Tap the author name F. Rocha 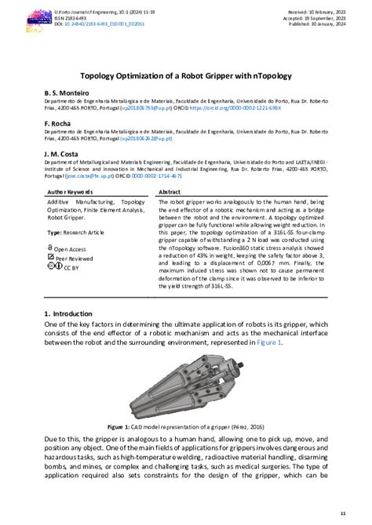(60, 124)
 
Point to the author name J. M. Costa (64, 154)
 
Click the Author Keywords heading (71, 191)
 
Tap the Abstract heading (170, 191)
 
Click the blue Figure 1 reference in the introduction (268, 342)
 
